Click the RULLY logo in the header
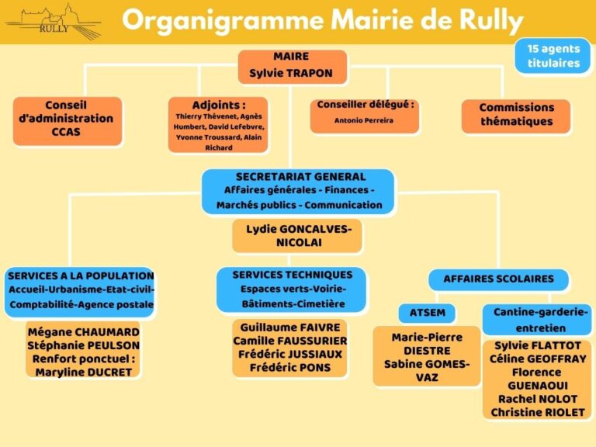tap(54, 22)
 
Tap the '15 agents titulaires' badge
tap(553, 56)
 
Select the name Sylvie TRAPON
tap(291, 73)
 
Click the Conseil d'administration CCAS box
tap(68, 121)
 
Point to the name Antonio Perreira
tap(364, 120)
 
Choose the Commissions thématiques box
tap(516, 116)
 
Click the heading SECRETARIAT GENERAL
tap(300, 177)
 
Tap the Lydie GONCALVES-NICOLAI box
tap(297, 236)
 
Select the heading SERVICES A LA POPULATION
tap(81, 275)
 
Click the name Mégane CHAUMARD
tap(84, 332)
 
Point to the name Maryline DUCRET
tap(84, 372)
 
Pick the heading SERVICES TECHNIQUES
tap(293, 275)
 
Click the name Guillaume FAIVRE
tap(290, 327)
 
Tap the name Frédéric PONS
tap(290, 368)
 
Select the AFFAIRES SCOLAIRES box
tap(498, 279)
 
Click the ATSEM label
tap(428, 313)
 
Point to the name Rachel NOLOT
tap(538, 399)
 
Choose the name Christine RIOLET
tap(538, 412)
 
